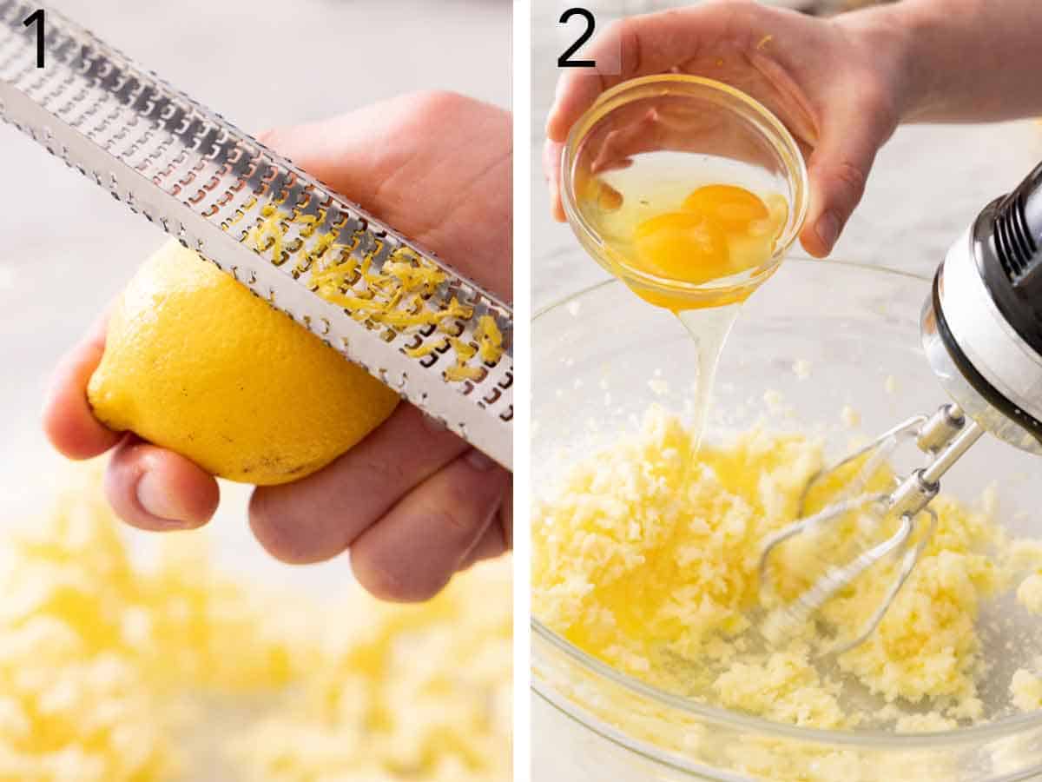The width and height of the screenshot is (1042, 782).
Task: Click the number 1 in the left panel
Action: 36,38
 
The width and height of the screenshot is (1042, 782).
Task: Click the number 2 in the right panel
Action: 577,38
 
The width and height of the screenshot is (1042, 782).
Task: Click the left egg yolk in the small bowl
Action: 682,246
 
